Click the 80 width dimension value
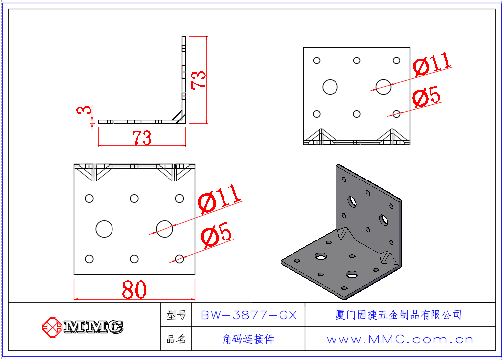[x=134, y=290]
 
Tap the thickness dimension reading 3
[x=84, y=110]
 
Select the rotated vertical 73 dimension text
[x=199, y=80]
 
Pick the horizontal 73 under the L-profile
[x=142, y=137]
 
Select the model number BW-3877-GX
[x=248, y=315]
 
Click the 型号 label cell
[x=176, y=315]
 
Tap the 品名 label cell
[x=176, y=339]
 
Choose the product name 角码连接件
[x=248, y=339]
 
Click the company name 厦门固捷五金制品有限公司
[x=399, y=315]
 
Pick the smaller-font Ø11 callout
[x=432, y=64]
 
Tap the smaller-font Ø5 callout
[x=426, y=97]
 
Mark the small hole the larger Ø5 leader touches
[x=179, y=259]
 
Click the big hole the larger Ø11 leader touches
[x=165, y=229]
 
